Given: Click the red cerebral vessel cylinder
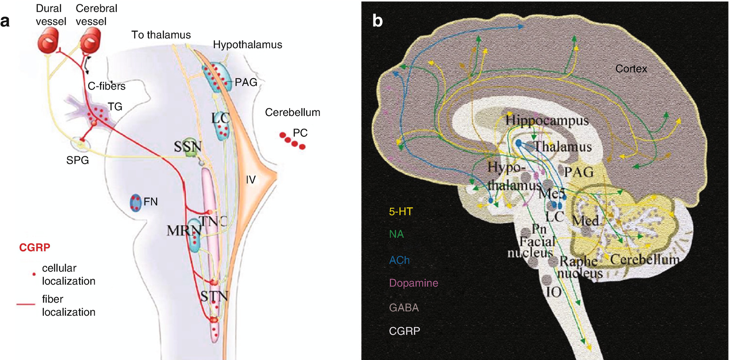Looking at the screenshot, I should click(x=90, y=40).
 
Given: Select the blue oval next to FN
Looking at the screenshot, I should click(x=136, y=202).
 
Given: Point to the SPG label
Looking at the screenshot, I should click(x=77, y=160).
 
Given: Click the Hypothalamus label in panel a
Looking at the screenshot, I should click(x=247, y=45).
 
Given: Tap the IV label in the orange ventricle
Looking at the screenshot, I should click(x=251, y=180).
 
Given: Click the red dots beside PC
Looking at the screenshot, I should click(x=292, y=141).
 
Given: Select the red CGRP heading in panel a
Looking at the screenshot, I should click(x=35, y=248).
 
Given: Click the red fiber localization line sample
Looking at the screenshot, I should click(x=26, y=304).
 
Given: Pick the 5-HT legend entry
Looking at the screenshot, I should click(x=401, y=212).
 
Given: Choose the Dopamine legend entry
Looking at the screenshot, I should click(x=413, y=283).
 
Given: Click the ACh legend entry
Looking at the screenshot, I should click(x=399, y=260).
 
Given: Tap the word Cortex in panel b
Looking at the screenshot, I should click(x=631, y=69).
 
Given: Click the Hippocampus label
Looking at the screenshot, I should click(x=547, y=120).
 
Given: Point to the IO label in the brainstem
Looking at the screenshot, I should click(x=554, y=292).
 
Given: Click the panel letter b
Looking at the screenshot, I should click(x=377, y=21).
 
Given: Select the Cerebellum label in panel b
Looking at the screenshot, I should click(x=644, y=260).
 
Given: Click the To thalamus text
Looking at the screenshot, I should click(x=161, y=35).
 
